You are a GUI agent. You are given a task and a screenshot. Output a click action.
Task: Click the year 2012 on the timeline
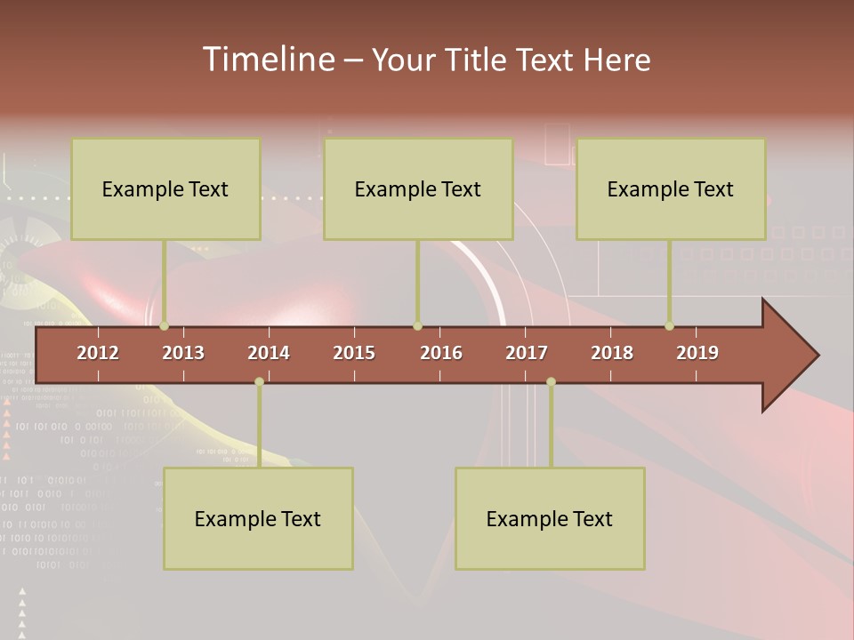(x=98, y=353)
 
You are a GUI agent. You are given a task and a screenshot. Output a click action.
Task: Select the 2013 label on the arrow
(x=183, y=353)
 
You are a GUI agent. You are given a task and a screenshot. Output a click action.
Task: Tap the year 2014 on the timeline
(x=269, y=353)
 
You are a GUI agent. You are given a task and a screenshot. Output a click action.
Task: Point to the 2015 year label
(x=354, y=353)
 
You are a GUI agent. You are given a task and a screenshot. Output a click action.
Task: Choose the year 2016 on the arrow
(x=441, y=353)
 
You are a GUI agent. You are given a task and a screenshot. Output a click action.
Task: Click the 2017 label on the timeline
(x=527, y=353)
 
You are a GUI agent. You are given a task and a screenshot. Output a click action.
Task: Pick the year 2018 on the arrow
(x=612, y=353)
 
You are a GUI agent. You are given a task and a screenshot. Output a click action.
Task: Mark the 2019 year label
(x=697, y=353)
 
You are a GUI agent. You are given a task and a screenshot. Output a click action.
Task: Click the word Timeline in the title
(x=268, y=60)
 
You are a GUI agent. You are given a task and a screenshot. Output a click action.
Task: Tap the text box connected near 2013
(x=165, y=188)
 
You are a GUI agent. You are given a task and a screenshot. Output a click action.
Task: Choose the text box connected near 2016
(x=418, y=188)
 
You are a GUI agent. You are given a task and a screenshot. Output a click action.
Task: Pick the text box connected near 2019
(x=671, y=188)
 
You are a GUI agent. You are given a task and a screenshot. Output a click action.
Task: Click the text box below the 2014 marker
(x=258, y=518)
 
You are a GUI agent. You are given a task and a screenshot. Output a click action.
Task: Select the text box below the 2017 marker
(x=550, y=518)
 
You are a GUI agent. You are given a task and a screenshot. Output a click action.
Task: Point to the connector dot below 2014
(x=259, y=381)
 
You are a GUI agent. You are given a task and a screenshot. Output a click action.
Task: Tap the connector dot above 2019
(x=670, y=325)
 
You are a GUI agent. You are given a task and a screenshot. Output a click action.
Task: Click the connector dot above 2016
(x=417, y=325)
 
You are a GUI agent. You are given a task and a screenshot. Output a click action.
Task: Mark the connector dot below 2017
(x=551, y=381)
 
